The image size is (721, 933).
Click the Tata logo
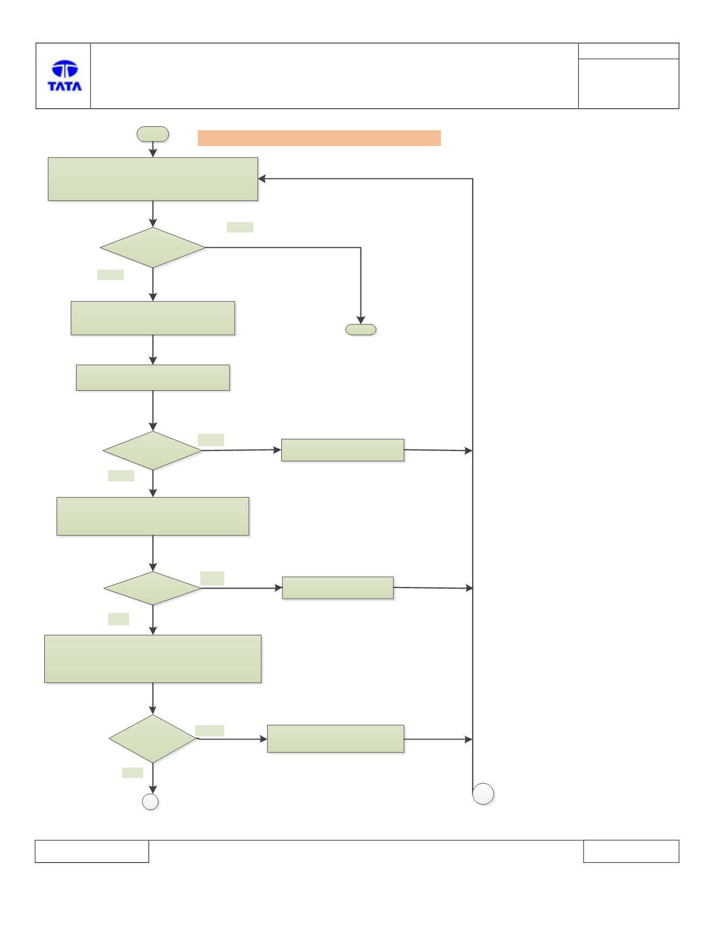pos(65,75)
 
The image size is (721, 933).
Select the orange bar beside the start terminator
pos(319,138)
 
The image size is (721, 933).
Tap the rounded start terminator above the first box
pos(153,134)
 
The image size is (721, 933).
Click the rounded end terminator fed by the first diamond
pos(361,329)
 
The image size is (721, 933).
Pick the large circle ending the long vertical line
pos(483,794)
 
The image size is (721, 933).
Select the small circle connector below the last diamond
pos(150,802)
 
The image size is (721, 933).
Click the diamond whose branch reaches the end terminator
pos(153,248)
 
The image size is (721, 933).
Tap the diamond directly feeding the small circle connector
pos(153,739)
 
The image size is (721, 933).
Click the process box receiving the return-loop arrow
pos(153,179)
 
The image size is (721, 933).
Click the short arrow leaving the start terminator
pos(153,149)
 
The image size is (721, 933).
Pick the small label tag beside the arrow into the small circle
pos(133,773)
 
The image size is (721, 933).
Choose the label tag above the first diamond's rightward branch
pos(240,227)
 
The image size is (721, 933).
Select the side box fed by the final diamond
pos(336,739)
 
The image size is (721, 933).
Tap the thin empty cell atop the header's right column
pos(628,51)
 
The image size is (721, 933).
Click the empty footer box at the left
pos(92,851)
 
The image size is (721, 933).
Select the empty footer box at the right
pos(631,851)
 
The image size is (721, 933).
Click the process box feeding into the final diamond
pos(153,659)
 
